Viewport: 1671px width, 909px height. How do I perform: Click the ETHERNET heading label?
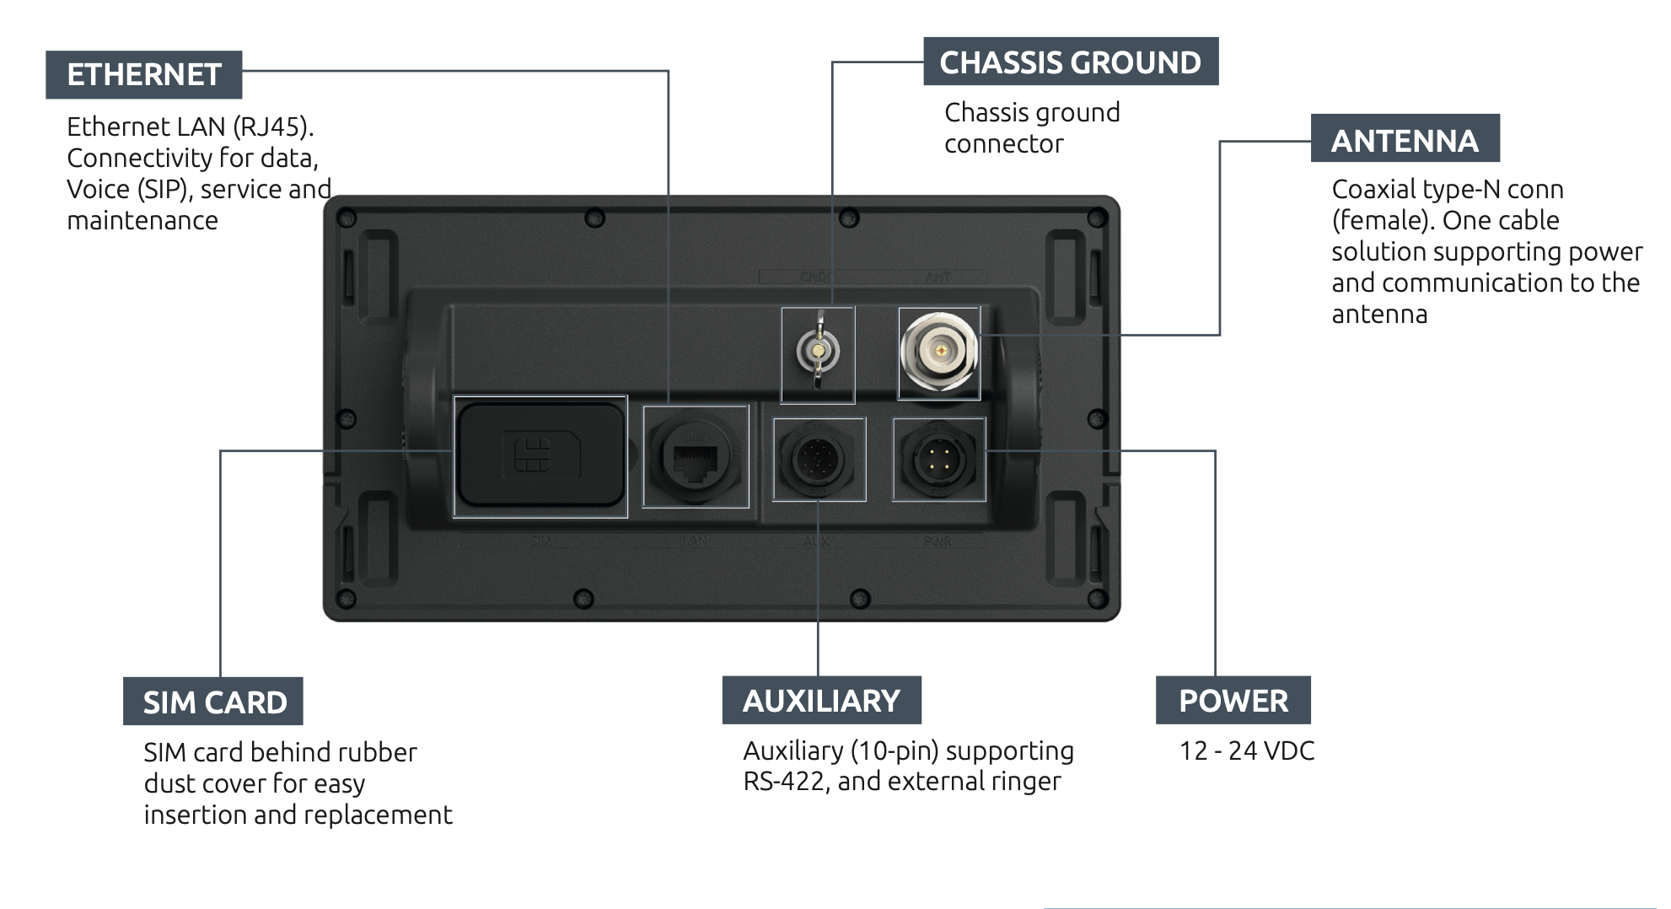[x=144, y=75]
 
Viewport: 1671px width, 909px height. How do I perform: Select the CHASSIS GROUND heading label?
[x=1070, y=62]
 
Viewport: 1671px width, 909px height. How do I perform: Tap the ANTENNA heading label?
[x=1405, y=140]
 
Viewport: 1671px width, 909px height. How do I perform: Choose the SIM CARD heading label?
[x=214, y=702]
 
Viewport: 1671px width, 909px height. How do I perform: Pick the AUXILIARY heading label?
[x=821, y=701]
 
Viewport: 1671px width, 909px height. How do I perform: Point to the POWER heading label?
[x=1233, y=701]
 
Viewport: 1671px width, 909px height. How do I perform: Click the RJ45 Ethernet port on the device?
[x=696, y=460]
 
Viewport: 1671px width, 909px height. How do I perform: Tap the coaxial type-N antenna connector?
[x=938, y=352]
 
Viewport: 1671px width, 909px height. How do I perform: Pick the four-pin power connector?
[x=938, y=460]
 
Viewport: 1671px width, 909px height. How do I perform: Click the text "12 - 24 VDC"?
[x=1246, y=750]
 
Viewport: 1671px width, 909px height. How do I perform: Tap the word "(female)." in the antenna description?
[x=1383, y=221]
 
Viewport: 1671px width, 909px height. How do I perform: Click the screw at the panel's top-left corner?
[x=346, y=218]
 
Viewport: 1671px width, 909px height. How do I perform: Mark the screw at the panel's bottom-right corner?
[x=1097, y=599]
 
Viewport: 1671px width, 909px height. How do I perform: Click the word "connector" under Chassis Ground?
[x=1003, y=144]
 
